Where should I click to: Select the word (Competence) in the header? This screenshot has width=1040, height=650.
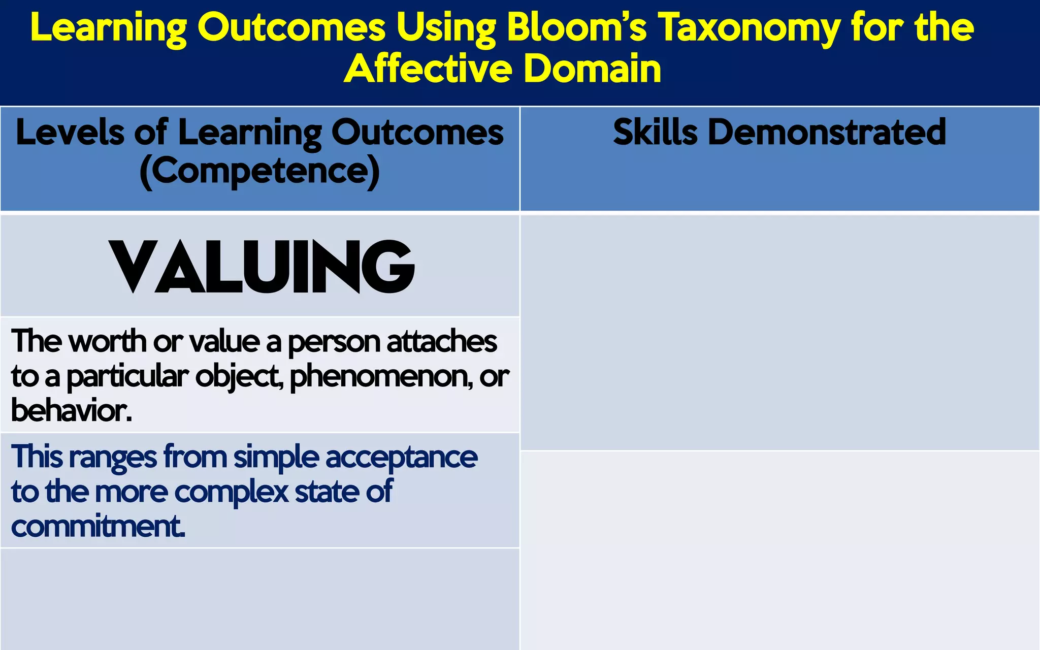(x=259, y=171)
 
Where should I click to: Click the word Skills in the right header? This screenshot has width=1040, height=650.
(x=655, y=132)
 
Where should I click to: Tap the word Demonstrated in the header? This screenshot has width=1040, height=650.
(x=827, y=132)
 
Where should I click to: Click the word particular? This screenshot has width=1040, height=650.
(x=127, y=377)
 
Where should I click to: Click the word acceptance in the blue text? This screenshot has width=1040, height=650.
(x=401, y=458)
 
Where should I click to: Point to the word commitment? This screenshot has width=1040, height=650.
(x=98, y=526)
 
